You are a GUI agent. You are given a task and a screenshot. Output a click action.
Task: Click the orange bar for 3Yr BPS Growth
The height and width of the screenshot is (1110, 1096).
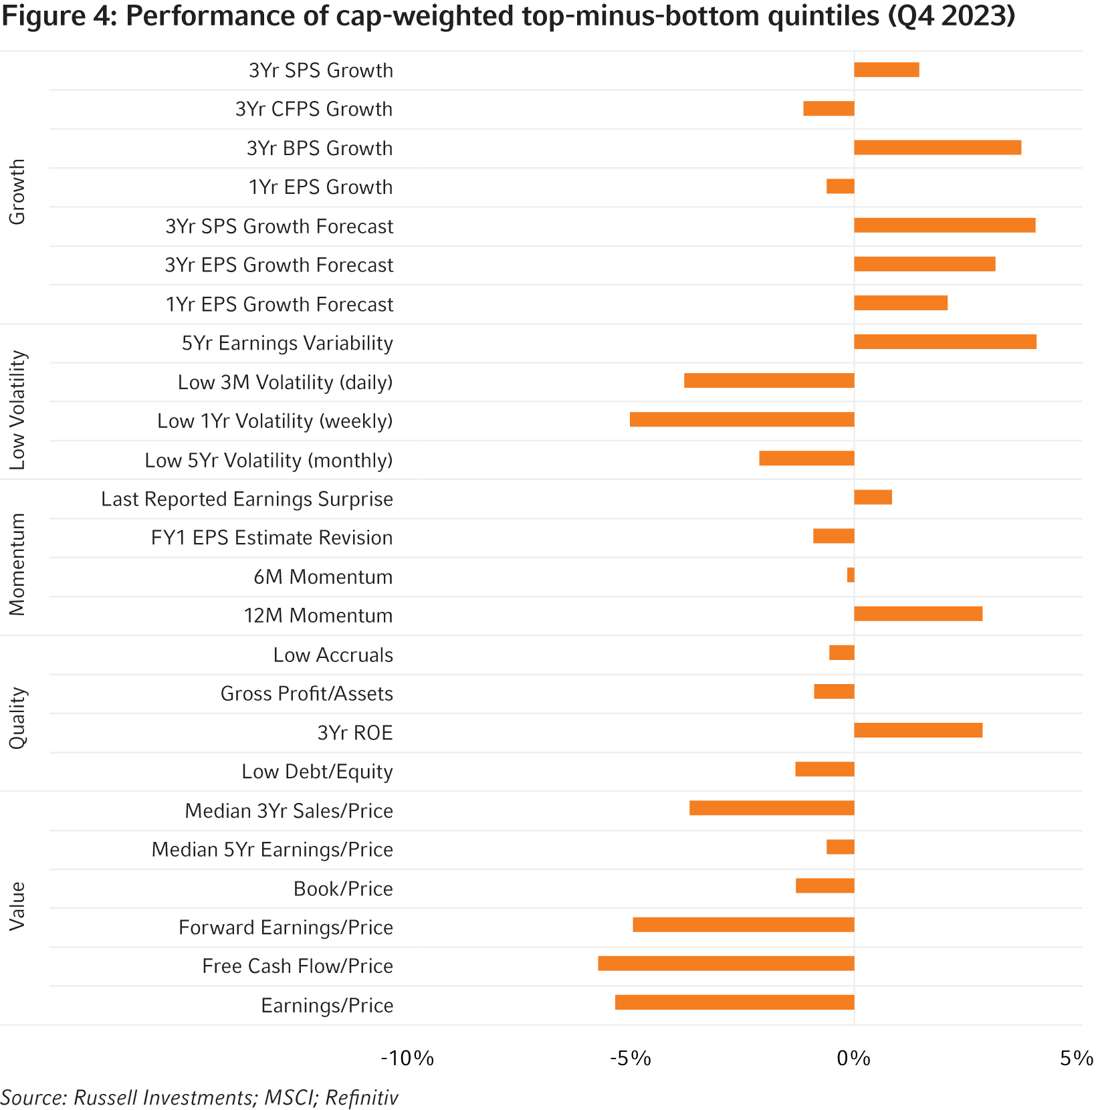(x=938, y=148)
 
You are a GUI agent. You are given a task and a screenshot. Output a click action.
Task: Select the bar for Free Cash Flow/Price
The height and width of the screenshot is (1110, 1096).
(x=726, y=964)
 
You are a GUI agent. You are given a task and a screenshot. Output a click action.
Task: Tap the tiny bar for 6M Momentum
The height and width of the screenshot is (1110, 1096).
(x=851, y=575)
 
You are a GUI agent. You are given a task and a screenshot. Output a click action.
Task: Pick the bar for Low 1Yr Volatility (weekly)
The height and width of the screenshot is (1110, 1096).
(x=742, y=420)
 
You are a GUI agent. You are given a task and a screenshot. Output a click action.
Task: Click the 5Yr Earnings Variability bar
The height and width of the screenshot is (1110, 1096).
(x=946, y=342)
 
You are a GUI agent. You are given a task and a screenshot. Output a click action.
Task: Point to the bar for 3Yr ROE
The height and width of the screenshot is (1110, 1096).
(x=918, y=730)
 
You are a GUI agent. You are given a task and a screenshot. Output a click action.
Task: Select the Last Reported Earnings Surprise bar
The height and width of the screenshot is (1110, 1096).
(x=873, y=497)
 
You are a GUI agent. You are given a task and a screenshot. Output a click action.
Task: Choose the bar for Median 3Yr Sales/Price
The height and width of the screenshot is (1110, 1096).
(x=771, y=808)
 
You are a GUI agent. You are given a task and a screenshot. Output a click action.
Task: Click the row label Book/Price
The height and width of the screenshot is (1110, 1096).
(x=343, y=889)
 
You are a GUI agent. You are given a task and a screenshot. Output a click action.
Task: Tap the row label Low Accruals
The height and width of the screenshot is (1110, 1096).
(x=333, y=655)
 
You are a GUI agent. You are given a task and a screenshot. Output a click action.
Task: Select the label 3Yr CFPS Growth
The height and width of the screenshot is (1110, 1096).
(x=314, y=109)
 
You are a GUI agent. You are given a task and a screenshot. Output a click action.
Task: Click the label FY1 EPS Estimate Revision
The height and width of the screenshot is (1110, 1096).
(x=271, y=538)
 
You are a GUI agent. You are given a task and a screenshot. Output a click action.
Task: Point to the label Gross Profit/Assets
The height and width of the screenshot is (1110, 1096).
(x=306, y=693)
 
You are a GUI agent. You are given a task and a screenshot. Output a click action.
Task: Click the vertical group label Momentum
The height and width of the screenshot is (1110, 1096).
(x=17, y=564)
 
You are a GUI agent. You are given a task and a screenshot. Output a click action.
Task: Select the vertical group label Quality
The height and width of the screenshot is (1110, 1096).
(x=17, y=717)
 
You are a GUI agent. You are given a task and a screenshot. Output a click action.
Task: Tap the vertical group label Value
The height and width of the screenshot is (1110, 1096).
(x=17, y=906)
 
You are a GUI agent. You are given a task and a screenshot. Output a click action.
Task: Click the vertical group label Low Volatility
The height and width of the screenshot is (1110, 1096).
(x=17, y=409)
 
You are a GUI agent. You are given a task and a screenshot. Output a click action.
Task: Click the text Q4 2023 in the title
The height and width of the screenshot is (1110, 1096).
(x=951, y=16)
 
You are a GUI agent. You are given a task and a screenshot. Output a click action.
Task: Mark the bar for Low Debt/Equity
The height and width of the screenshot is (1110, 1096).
(x=824, y=770)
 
